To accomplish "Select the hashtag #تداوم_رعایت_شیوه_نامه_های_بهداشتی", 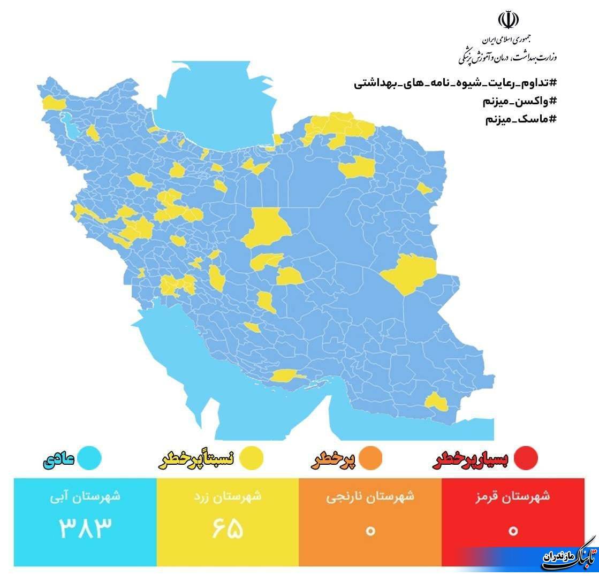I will pos(455,83).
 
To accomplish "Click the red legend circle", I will pos(525,458).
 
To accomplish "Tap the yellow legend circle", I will pos(251,458).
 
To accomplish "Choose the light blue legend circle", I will pos(89,458).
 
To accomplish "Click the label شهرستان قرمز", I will pos(513,497).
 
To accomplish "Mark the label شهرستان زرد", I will pos(228,497).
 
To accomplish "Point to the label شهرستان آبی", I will pos(86,497).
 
